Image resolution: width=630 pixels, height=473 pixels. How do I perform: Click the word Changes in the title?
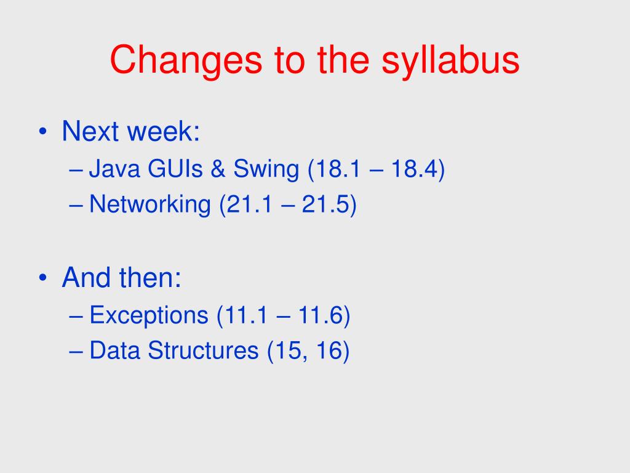[186, 60]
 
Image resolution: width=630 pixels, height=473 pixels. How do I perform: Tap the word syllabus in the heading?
[450, 60]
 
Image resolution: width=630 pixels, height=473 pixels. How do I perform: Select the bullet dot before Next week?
[42, 132]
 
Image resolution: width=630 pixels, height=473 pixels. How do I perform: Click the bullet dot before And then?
[42, 278]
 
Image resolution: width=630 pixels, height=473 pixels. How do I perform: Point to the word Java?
[114, 168]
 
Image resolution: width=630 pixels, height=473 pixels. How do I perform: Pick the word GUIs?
[175, 168]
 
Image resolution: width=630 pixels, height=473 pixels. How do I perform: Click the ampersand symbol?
[218, 168]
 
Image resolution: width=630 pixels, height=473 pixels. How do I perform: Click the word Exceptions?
[149, 316]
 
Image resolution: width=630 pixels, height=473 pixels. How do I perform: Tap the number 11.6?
[320, 315]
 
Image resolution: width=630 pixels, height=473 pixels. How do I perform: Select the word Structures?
[203, 350]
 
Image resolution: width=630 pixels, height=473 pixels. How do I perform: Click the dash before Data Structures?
[76, 351]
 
